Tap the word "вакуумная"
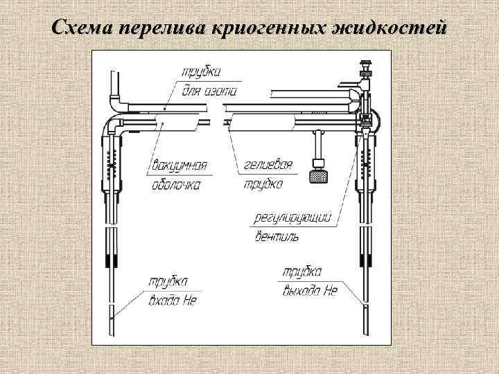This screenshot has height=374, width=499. click(179, 166)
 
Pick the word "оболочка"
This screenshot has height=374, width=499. click(176, 185)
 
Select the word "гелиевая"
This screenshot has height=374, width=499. click(269, 166)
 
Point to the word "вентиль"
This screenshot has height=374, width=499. click(277, 237)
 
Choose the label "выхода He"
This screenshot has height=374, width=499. click(310, 291)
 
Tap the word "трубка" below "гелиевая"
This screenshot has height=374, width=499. click(263, 185)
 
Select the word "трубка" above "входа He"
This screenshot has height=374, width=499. click(167, 282)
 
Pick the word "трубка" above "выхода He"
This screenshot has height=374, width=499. click(302, 271)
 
